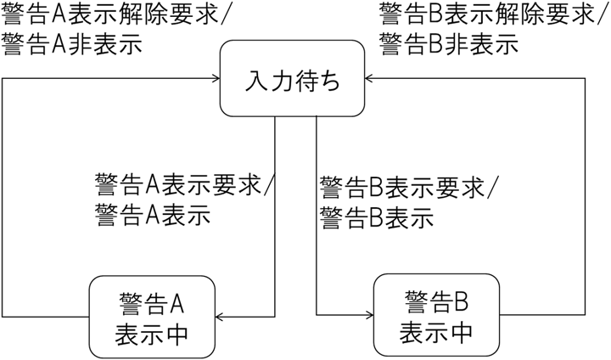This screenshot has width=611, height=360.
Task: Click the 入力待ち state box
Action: click(x=294, y=78)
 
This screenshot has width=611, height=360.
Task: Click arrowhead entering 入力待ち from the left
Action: click(x=215, y=78)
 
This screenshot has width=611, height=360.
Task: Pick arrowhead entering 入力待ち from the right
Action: click(x=375, y=78)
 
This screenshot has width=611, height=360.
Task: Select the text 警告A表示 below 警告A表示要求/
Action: click(x=152, y=215)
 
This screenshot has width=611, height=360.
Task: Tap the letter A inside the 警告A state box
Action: click(x=178, y=301)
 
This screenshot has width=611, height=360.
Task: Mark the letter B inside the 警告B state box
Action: click(x=462, y=300)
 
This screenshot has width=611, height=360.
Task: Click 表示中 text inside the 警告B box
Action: click(x=436, y=329)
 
